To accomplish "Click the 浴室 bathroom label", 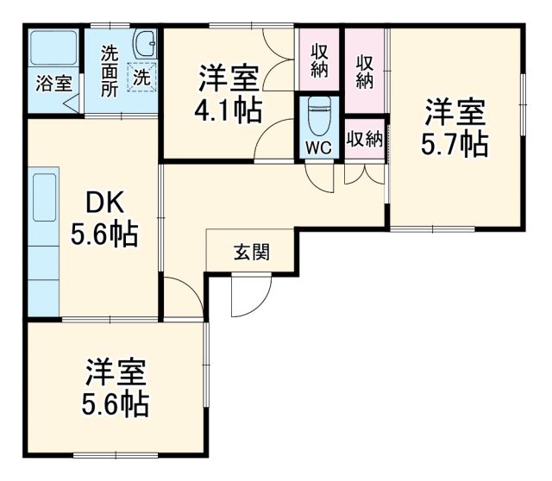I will pyautogui.click(x=53, y=84).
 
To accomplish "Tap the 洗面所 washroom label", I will pyautogui.click(x=110, y=69).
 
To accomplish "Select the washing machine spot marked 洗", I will pyautogui.click(x=141, y=76).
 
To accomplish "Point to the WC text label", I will pyautogui.click(x=319, y=147).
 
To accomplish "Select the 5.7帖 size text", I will pyautogui.click(x=455, y=144).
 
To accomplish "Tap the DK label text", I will pyautogui.click(x=104, y=203).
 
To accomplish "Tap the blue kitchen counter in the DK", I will pyautogui.click(x=43, y=241).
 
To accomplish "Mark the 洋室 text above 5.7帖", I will pyautogui.click(x=455, y=113).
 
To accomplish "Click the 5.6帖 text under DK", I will pyautogui.click(x=104, y=235).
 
